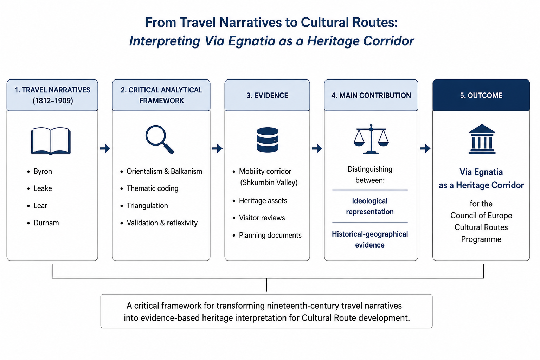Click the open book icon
click(51, 141)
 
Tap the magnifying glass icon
click(159, 139)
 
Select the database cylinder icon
click(268, 140)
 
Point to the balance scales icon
click(371, 139)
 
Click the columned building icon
click(482, 139)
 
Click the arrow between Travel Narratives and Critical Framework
click(105, 148)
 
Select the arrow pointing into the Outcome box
click(425, 148)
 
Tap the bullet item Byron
click(43, 172)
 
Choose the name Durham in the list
click(46, 223)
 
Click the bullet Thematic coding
click(152, 188)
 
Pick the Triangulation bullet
click(147, 206)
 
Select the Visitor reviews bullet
click(262, 218)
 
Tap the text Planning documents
click(270, 235)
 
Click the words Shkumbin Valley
click(269, 182)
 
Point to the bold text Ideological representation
click(370, 206)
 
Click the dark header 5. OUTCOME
click(481, 96)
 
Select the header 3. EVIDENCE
click(267, 96)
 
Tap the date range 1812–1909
click(53, 101)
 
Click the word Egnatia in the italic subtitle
click(252, 41)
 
